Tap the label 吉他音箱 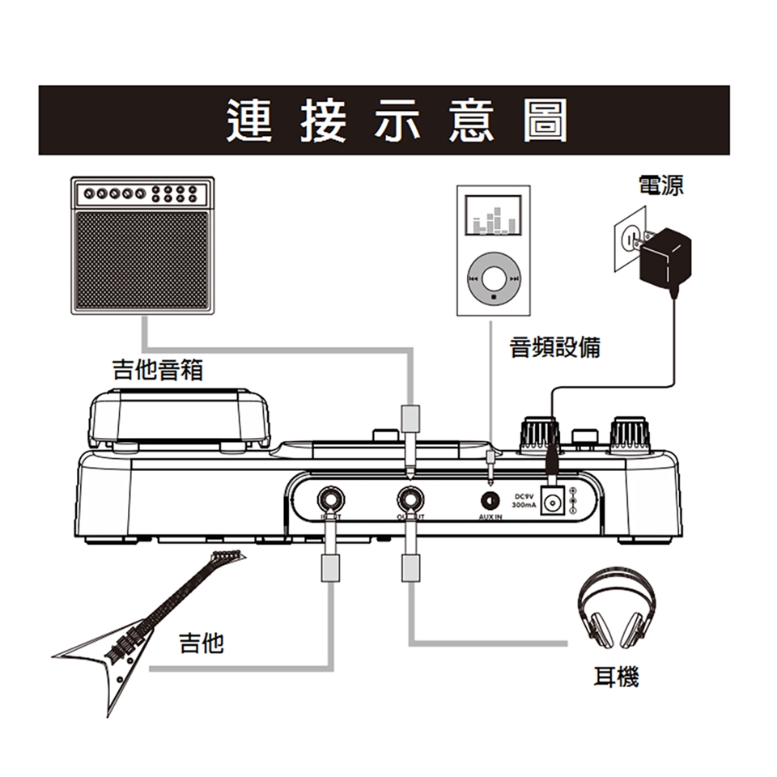click(157, 371)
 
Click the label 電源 click(660, 185)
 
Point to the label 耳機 click(616, 677)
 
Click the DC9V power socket click(552, 503)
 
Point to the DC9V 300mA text click(525, 500)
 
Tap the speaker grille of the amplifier click(142, 260)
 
